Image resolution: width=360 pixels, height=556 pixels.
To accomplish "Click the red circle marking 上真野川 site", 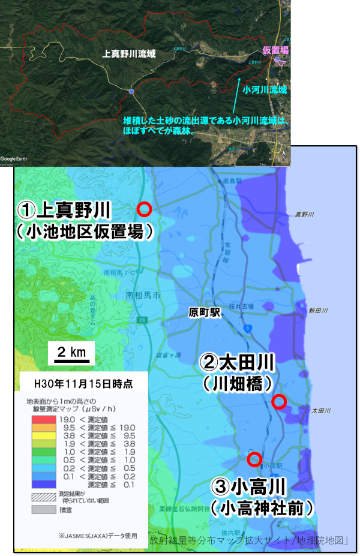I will click(144, 209).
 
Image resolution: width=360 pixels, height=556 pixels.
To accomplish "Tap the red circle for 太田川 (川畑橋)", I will click(278, 402).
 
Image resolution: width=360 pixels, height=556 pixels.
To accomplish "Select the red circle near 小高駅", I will click(254, 459).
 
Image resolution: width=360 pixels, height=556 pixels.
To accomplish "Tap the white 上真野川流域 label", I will click(130, 54).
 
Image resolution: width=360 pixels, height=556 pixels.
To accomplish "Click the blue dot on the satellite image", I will click(131, 91).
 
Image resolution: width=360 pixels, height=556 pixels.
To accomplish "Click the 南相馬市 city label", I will click(143, 296).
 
